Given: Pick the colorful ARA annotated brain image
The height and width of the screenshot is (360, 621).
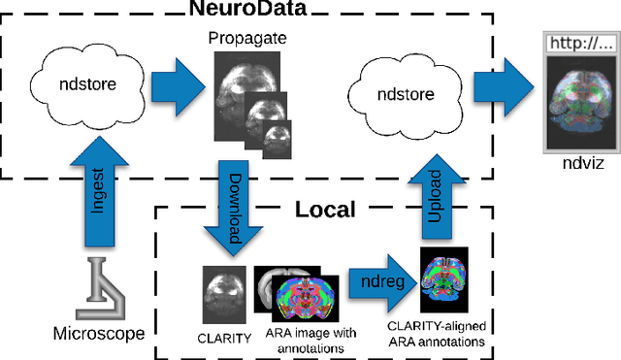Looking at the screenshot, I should (307, 300).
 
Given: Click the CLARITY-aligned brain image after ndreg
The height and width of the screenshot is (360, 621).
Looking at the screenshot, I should (443, 278).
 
